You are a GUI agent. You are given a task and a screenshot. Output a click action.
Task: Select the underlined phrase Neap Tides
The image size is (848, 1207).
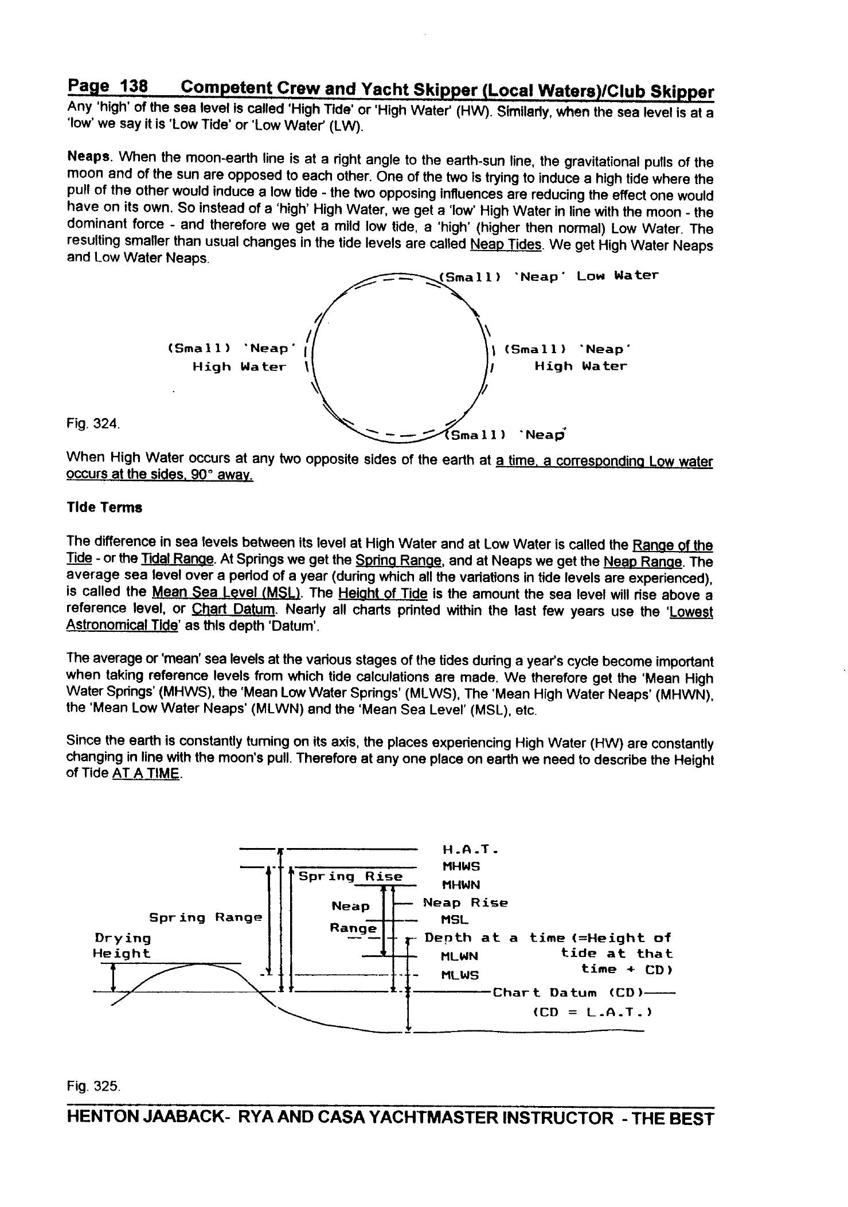[x=505, y=244]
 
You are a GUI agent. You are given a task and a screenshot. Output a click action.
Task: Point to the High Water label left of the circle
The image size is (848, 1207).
[x=239, y=366]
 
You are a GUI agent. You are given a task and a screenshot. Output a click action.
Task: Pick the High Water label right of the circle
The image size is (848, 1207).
[x=580, y=366]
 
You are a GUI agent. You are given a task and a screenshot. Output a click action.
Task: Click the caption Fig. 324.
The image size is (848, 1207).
[x=93, y=424]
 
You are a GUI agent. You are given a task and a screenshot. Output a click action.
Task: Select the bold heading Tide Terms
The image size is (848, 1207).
[x=104, y=507]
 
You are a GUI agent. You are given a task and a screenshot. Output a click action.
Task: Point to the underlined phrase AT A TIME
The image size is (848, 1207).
[x=147, y=774]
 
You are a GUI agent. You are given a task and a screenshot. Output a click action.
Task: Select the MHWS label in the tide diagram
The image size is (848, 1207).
[x=461, y=866]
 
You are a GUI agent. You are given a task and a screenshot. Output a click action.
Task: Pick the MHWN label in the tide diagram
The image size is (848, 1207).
[x=461, y=885]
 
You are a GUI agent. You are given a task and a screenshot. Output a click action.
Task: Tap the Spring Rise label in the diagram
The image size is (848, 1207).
[x=351, y=876]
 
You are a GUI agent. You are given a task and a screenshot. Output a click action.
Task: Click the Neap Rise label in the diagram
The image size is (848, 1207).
[x=465, y=903]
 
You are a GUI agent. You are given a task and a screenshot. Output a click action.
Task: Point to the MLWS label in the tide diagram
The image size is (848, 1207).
[x=460, y=975]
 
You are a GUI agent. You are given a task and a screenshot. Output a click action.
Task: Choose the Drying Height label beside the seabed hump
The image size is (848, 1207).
[x=122, y=946]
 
